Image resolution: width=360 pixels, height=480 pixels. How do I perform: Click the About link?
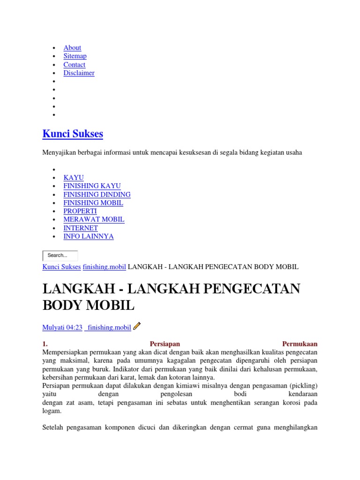pos(72,48)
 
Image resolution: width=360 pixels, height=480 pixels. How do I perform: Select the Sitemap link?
pos(75,56)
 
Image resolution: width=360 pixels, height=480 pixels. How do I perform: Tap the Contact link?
pos(75,65)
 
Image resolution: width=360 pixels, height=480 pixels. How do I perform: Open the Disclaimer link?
pos(79,73)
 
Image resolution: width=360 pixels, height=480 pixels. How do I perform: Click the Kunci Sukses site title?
pos(73,134)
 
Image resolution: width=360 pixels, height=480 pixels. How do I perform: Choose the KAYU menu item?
pos(74,178)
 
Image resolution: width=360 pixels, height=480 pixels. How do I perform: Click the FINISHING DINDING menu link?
pos(97,195)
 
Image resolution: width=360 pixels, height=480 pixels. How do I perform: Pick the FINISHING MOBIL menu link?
pos(93,203)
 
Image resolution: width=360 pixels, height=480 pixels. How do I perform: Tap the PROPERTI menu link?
pos(80,211)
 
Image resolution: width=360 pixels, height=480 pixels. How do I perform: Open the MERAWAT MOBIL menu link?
pos(94,219)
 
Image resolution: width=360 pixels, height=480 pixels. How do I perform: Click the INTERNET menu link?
pos(81,228)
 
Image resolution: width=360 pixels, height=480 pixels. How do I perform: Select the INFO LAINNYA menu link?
pos(89,237)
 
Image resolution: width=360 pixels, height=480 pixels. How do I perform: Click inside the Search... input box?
pos(60,255)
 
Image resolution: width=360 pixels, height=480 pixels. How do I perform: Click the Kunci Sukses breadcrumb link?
pos(61,267)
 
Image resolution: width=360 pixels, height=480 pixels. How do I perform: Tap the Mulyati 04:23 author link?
pos(62,328)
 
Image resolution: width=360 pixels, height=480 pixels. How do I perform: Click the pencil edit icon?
pos(137,326)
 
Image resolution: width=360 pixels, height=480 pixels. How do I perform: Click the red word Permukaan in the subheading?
pos(300,344)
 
